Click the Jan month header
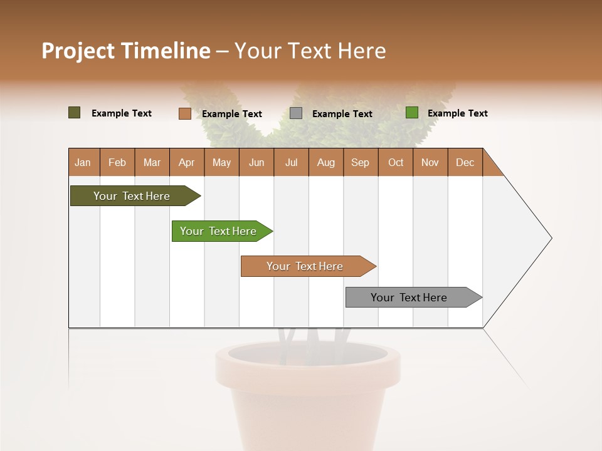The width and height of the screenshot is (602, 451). point(83,162)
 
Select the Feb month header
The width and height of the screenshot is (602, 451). point(117,162)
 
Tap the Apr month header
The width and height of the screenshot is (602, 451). point(186,162)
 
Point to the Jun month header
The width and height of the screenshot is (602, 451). point(256,162)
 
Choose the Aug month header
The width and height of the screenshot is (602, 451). point(325,162)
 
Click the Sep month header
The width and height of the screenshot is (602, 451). point(360,162)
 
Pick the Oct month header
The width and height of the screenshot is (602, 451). point(396,162)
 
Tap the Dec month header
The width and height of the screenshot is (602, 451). point(465,162)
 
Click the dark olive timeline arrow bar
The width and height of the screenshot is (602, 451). point(132,196)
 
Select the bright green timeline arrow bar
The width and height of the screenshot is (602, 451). point(218,231)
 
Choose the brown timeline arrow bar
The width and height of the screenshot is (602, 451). point(305,266)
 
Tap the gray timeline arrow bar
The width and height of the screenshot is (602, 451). point(409,298)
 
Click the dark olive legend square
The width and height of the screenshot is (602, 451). point(75,113)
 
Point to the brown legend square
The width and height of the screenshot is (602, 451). point(184,113)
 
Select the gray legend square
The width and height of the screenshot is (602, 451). point(296,113)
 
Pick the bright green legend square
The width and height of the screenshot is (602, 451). point(412,113)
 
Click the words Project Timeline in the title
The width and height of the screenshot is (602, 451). point(125,51)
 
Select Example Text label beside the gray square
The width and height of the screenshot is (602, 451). point(342,114)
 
